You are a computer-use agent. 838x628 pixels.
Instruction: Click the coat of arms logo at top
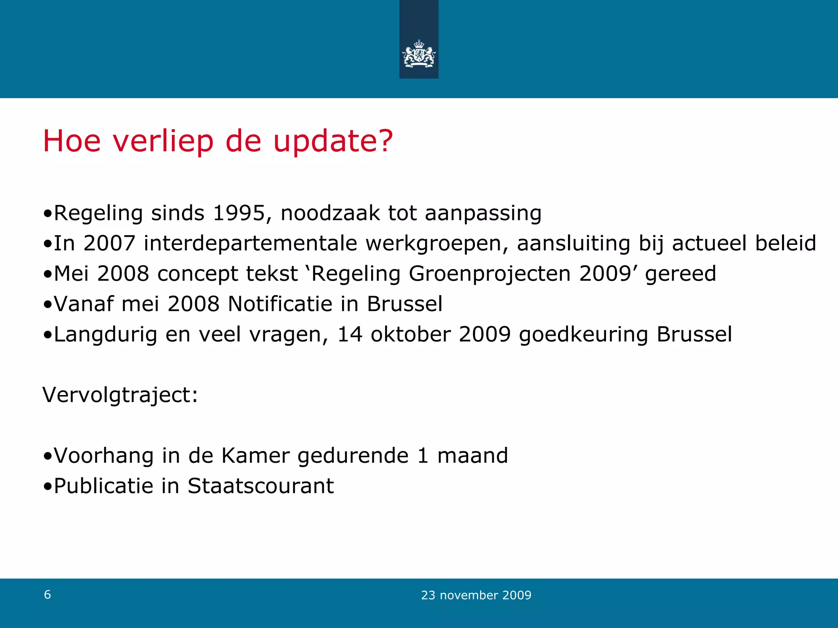click(x=419, y=54)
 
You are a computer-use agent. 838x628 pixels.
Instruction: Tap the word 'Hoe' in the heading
click(x=72, y=141)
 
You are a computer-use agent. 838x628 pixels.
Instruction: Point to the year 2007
click(x=109, y=244)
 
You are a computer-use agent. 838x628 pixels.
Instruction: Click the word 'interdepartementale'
click(x=250, y=244)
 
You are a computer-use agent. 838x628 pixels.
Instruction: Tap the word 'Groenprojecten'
click(x=489, y=274)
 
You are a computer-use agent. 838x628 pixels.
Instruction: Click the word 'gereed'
click(x=680, y=274)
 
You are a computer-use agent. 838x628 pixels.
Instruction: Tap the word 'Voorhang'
click(x=104, y=456)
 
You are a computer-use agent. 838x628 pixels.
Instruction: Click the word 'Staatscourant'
click(x=261, y=486)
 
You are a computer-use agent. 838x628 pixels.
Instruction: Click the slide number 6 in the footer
click(x=47, y=595)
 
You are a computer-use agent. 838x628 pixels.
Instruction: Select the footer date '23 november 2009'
click(x=476, y=595)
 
